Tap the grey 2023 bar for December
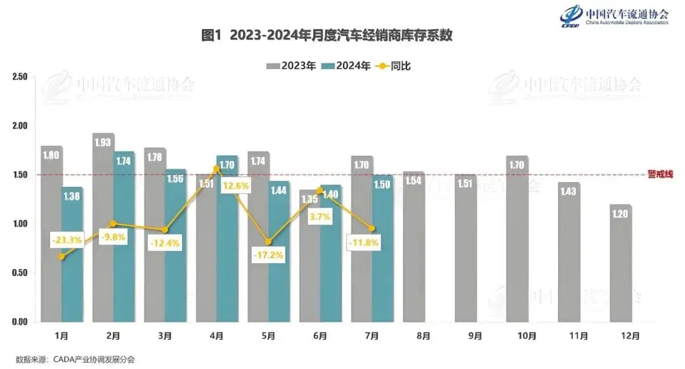[x=621, y=263]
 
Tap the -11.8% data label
[x=363, y=242]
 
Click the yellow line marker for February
[x=114, y=223]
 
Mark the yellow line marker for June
[x=319, y=190]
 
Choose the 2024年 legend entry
[x=346, y=65]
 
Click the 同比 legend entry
[x=395, y=65]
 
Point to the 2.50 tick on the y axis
[x=20, y=77]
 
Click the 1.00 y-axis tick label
[x=20, y=224]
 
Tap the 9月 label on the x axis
[x=476, y=335]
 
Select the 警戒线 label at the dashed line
[x=660, y=174]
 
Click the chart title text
[x=327, y=36]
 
